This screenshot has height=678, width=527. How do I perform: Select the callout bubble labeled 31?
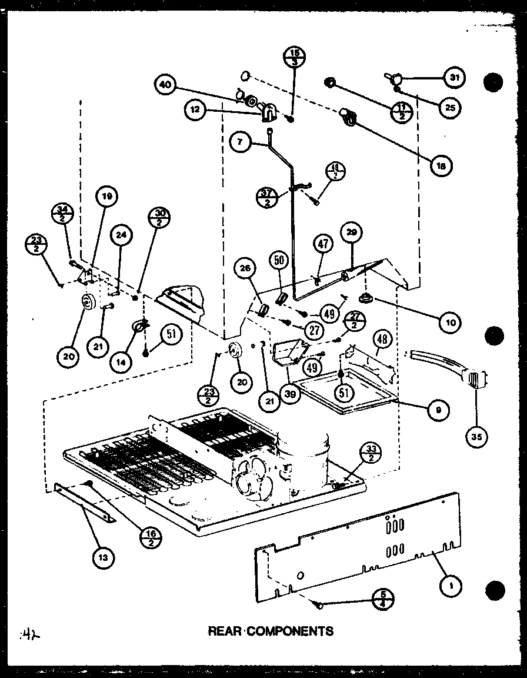pos(453,77)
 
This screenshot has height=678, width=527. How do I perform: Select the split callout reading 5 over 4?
pos(383,600)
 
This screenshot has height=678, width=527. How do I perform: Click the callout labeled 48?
pos(383,340)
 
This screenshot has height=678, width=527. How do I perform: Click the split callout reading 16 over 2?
pos(151,537)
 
